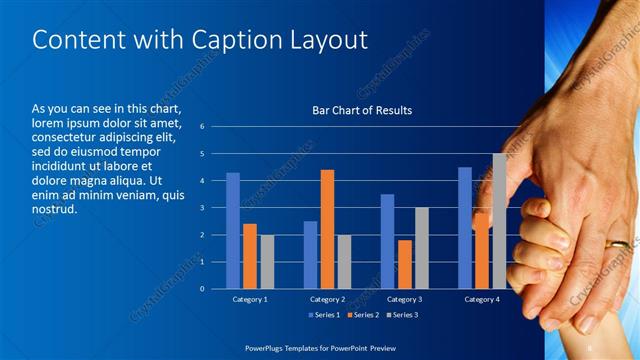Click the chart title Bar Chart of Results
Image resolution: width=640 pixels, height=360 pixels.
[x=362, y=110]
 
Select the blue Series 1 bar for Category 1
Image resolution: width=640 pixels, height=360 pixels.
[x=233, y=230]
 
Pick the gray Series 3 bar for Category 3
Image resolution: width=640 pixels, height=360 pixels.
[x=421, y=248]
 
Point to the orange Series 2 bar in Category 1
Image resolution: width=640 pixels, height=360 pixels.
[x=250, y=256]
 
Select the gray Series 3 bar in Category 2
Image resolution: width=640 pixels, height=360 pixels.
[x=344, y=261]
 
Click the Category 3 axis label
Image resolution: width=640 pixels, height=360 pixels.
[x=404, y=299]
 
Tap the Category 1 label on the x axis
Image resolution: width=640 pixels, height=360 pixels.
[x=250, y=299]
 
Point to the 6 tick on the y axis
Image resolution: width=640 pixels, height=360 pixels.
[x=202, y=127]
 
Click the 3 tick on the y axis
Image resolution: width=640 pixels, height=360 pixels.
[x=202, y=208]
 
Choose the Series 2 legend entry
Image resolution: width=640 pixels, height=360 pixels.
[x=361, y=315]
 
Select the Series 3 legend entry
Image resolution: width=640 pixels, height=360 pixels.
[x=402, y=315]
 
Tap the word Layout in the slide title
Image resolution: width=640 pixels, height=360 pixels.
[x=326, y=40]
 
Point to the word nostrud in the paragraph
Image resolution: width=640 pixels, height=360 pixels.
[x=55, y=211]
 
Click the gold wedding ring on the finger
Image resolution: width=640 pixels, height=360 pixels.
[x=620, y=243]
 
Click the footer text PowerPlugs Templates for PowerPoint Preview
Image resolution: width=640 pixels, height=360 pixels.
[x=320, y=347]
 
